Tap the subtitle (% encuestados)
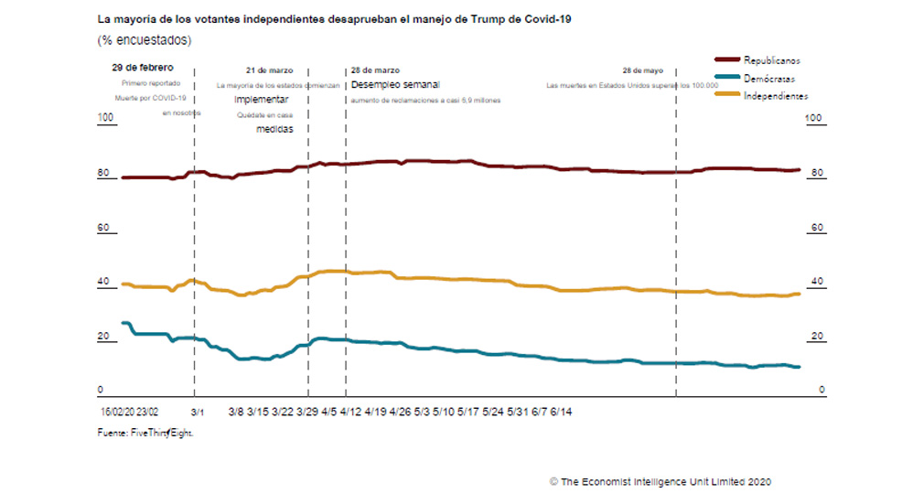click(145, 40)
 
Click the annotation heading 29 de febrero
click(142, 68)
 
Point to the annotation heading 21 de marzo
click(270, 70)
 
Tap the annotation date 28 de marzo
click(375, 70)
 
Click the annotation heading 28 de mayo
click(642, 70)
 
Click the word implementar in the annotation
click(262, 99)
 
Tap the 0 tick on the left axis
click(102, 390)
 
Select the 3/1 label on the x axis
click(199, 413)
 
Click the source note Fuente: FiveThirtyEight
click(145, 433)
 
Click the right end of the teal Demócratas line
click(800, 367)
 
